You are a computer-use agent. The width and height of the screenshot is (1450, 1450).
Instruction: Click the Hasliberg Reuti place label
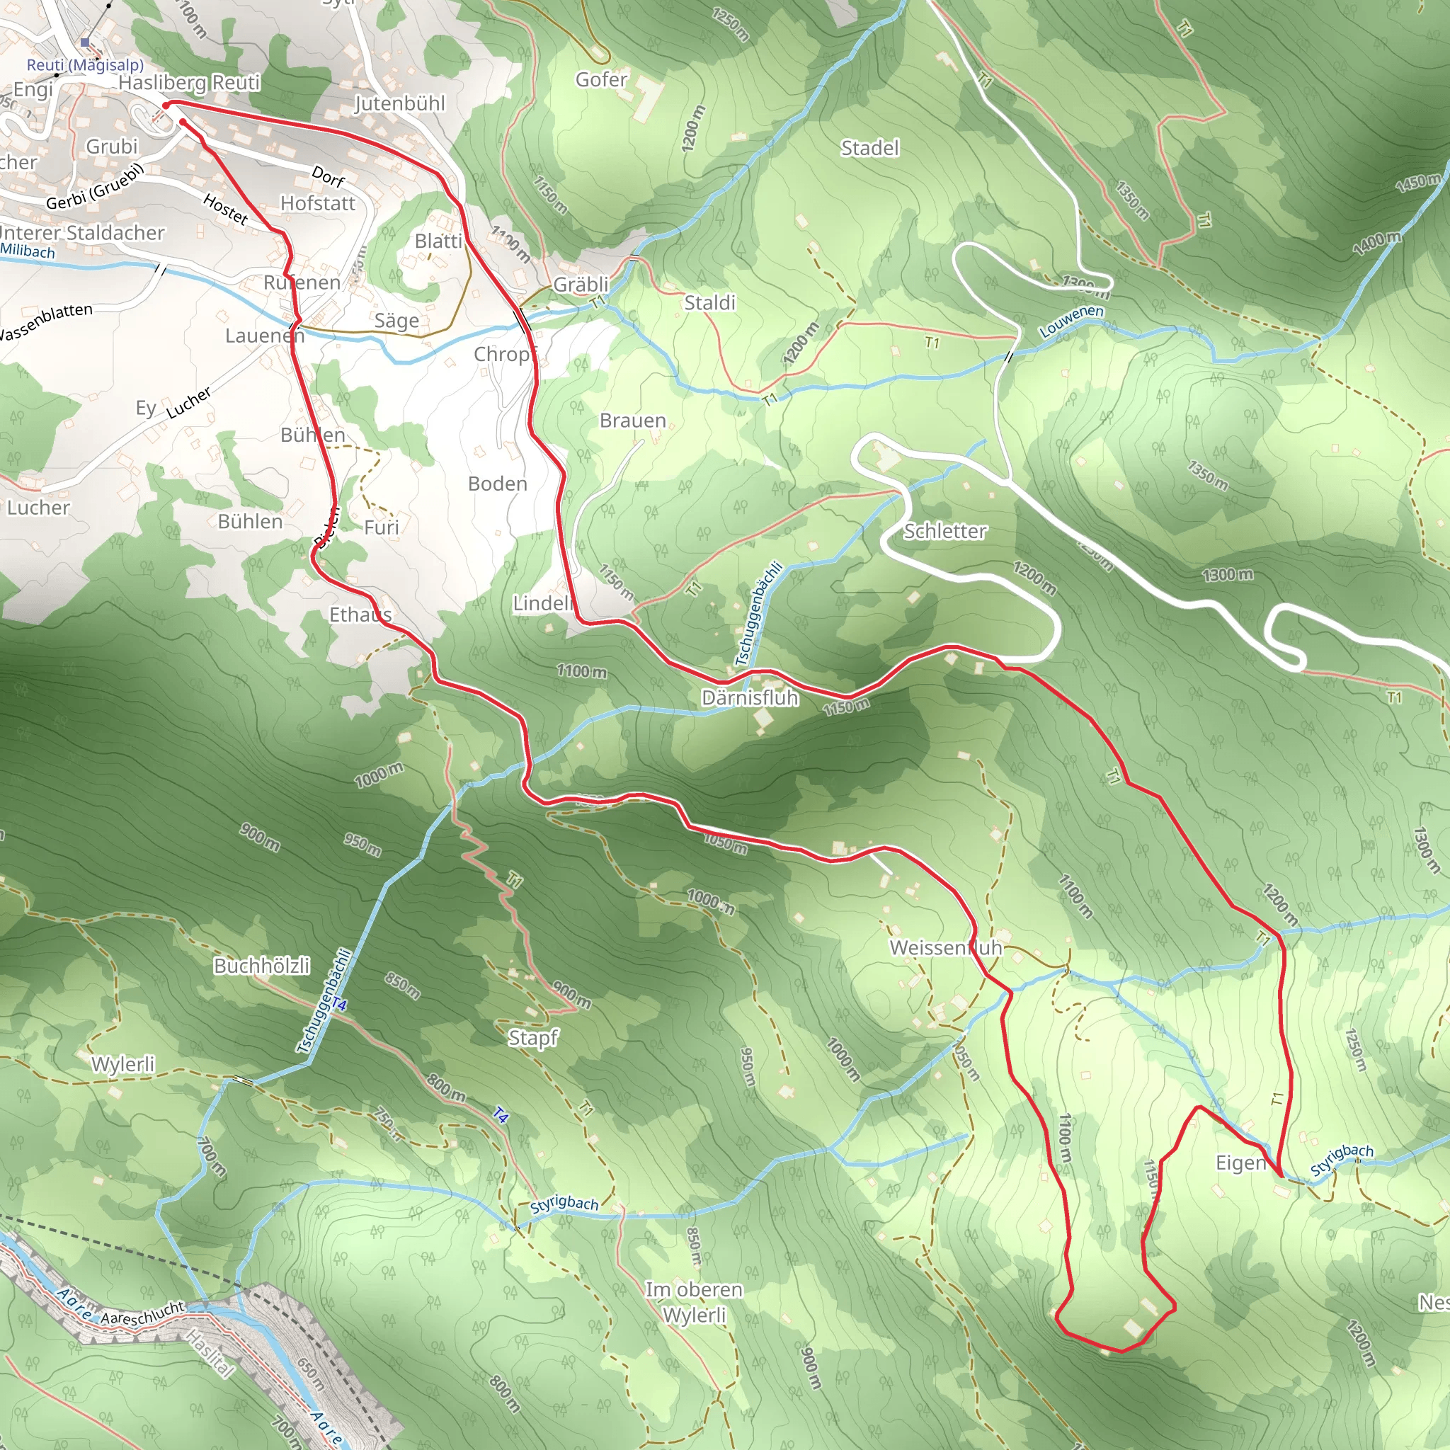(x=189, y=83)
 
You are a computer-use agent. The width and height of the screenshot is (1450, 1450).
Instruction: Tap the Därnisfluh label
(x=749, y=698)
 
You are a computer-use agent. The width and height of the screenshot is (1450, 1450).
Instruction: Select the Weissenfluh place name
(x=946, y=948)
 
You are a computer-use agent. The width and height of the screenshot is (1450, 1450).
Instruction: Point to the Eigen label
(x=1240, y=1163)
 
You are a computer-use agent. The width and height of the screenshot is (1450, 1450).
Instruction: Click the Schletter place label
(x=944, y=532)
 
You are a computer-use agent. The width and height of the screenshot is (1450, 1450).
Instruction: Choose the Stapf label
(x=533, y=1038)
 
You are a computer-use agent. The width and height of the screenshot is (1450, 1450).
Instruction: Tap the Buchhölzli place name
(x=261, y=966)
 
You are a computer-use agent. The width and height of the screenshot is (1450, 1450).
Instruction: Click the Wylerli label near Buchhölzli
(x=123, y=1064)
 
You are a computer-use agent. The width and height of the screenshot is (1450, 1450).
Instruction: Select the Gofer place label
(x=601, y=79)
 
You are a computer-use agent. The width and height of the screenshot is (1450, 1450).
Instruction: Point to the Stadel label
(x=869, y=148)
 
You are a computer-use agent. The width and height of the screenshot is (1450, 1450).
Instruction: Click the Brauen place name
(x=633, y=421)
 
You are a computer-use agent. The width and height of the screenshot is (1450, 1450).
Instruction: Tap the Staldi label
(x=709, y=302)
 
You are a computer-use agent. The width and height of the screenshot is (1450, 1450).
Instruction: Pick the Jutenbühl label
(x=399, y=103)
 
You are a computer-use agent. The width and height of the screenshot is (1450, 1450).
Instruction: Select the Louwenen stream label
(x=1071, y=321)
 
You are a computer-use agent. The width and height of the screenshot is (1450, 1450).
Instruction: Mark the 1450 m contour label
(x=1417, y=183)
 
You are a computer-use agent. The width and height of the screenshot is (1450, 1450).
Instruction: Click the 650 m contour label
(x=310, y=1374)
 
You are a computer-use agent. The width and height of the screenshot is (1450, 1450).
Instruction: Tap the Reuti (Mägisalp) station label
(x=85, y=65)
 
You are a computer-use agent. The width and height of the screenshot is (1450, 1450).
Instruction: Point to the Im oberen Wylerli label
(x=695, y=1302)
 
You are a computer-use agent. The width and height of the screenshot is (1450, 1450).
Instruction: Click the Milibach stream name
(x=28, y=251)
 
